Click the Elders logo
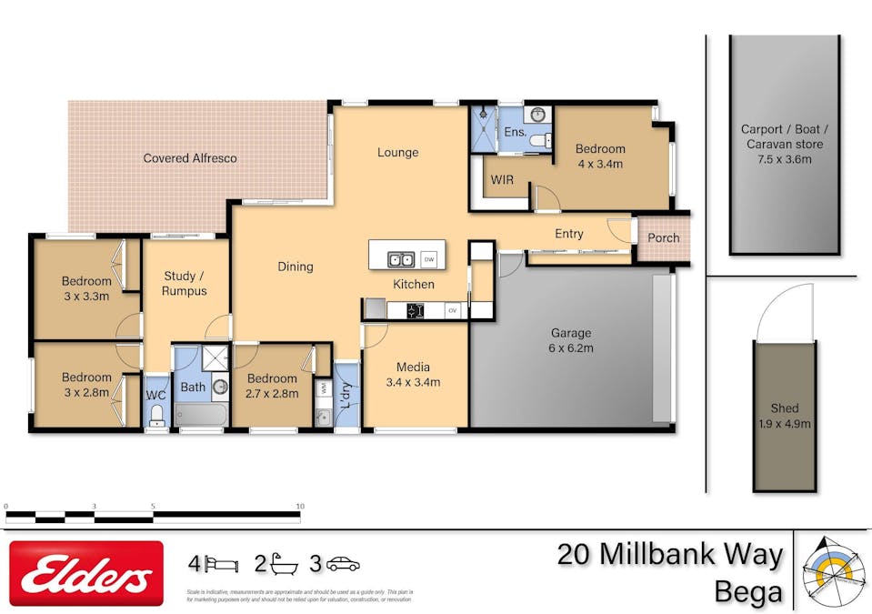pos(86,573)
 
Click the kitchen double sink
pos(401,259)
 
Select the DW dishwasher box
pos(429,259)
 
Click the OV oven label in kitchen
pos(452,311)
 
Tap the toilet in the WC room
pos(155,417)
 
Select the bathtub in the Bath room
pos(200,416)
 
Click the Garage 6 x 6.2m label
pos(571,340)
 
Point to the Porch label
pos(663,238)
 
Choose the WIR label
pos(502,180)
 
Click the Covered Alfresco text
pos(190,158)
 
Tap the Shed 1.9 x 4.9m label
pos(784,416)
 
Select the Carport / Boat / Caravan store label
pos(782,144)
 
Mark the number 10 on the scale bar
pos(299,506)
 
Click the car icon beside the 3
pos(343,564)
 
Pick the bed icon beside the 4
pos(221,564)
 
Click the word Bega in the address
pos(747,591)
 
